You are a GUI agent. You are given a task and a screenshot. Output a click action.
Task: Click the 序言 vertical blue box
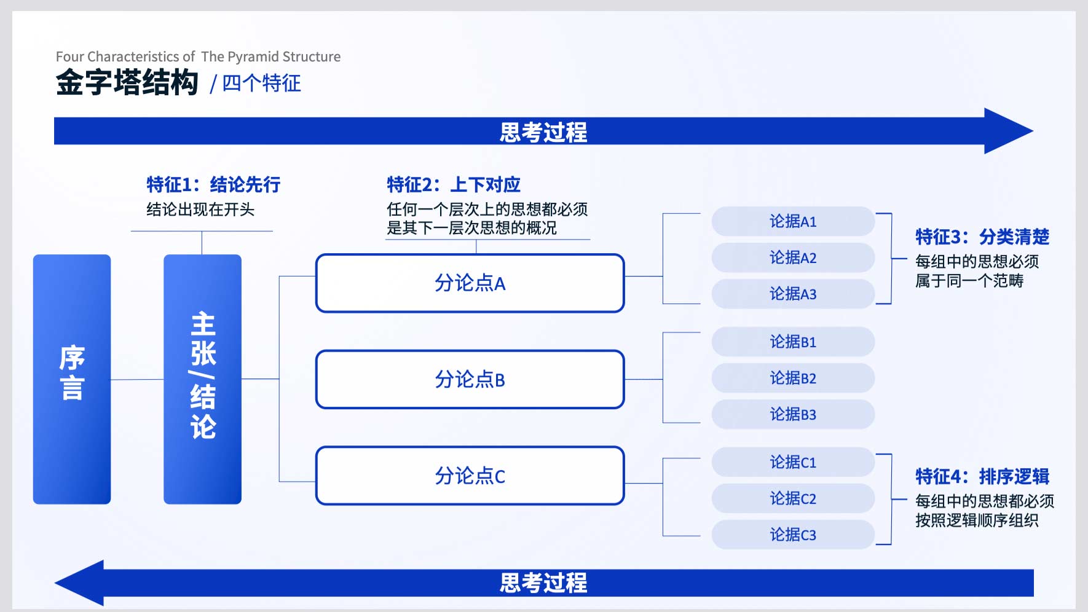[72, 379]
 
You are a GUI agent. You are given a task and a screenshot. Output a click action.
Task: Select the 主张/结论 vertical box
[202, 379]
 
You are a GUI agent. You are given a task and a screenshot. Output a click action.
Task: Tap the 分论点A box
[470, 283]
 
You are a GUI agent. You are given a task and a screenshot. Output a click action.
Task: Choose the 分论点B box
[470, 380]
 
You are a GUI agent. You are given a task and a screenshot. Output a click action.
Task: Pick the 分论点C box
[470, 476]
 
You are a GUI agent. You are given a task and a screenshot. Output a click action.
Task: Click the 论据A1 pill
[793, 221]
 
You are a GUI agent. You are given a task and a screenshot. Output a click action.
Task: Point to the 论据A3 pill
[793, 294]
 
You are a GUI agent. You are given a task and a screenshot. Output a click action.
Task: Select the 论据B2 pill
[793, 378]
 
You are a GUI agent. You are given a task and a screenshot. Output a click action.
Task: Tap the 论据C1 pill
[793, 462]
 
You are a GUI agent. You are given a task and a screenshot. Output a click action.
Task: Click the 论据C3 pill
[793, 535]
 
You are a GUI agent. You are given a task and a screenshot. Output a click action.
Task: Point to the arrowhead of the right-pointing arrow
[1009, 131]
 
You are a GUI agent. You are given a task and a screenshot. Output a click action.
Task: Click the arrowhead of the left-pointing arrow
[79, 583]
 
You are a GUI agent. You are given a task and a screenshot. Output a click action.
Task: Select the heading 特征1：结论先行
[213, 184]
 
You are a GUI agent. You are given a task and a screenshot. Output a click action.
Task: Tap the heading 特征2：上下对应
[454, 184]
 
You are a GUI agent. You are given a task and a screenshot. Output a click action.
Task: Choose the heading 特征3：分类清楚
[982, 237]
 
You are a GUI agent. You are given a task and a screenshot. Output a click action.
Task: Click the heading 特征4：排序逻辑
[982, 476]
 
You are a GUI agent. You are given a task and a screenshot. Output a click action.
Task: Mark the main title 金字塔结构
[127, 82]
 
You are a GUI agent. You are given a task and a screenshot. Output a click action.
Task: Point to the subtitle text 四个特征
[261, 83]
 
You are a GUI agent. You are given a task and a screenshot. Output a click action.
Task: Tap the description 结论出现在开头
[200, 210]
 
